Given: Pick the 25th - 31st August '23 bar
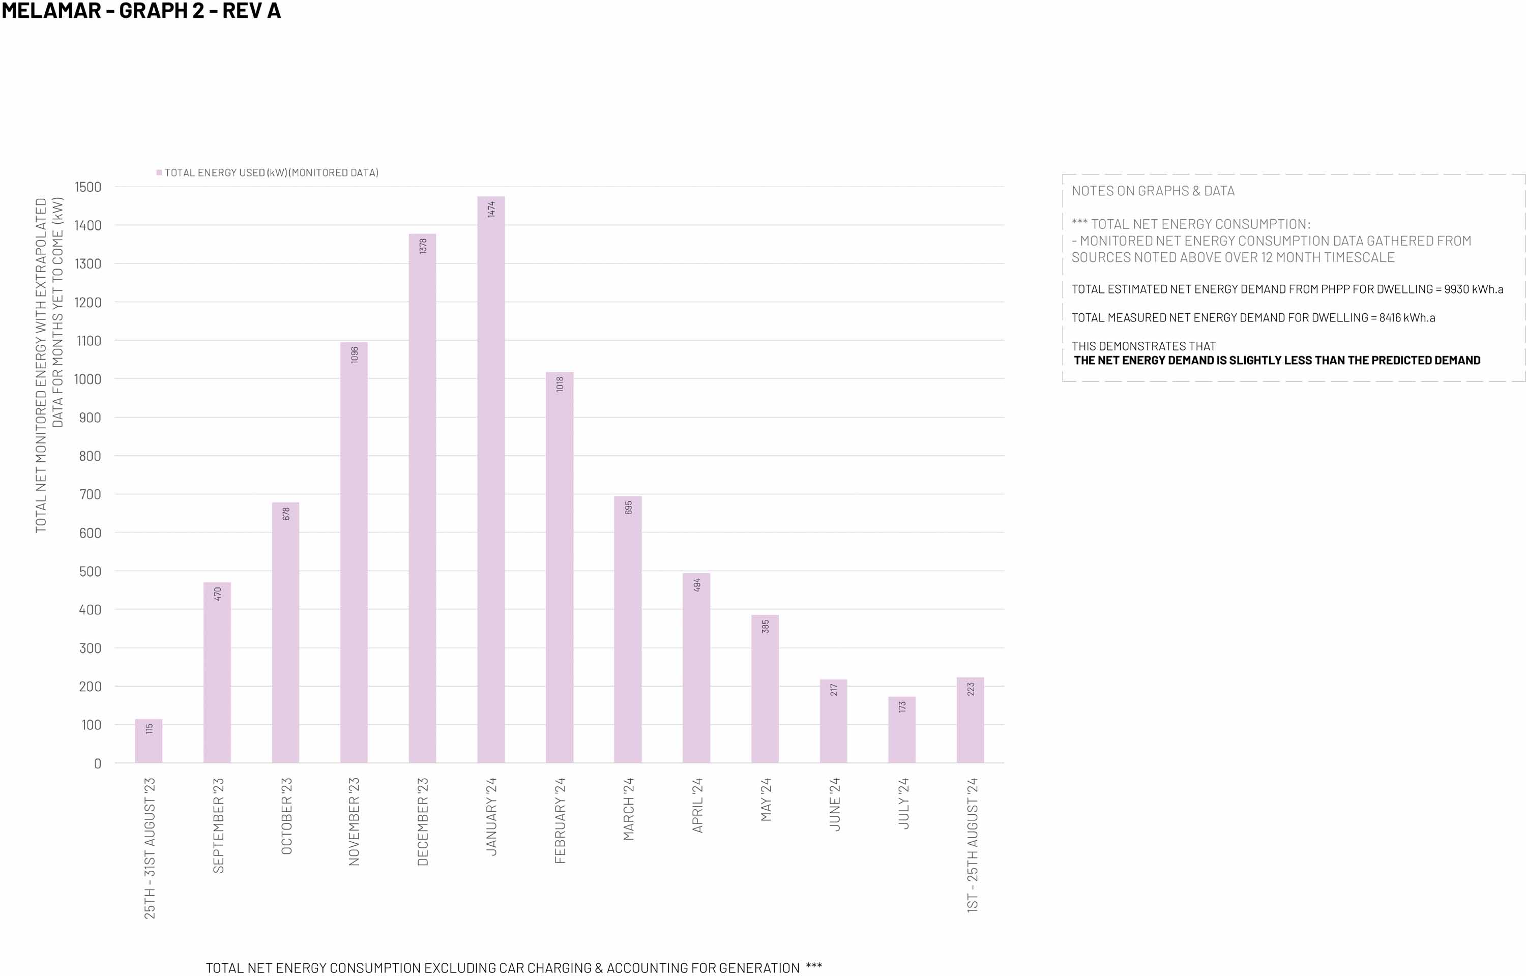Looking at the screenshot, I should [149, 741].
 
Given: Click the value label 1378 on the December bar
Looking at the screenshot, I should [423, 246].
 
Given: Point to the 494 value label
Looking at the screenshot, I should [696, 584].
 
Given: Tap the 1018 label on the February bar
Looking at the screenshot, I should [560, 384].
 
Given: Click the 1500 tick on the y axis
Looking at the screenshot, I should [88, 187].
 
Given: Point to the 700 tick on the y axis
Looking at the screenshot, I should [90, 494].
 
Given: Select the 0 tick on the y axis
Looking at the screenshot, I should [98, 764].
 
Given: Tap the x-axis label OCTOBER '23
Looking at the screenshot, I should [286, 816].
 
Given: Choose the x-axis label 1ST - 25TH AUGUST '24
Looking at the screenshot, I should [972, 845].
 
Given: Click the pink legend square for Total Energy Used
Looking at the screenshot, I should [159, 172].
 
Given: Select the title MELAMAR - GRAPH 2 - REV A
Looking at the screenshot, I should [141, 11].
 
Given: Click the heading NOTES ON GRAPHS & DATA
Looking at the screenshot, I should [1153, 191].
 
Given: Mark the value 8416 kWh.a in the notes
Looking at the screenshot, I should [1407, 317].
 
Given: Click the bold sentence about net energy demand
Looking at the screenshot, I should [1277, 361].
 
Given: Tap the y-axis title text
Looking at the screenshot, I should [49, 365].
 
